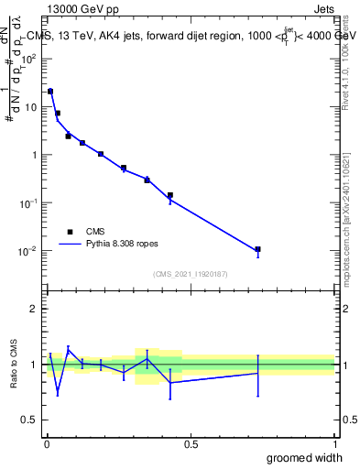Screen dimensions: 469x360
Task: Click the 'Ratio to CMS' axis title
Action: coord(14,364)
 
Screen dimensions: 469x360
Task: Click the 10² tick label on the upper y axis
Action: coord(30,59)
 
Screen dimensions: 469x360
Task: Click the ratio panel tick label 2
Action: coord(35,309)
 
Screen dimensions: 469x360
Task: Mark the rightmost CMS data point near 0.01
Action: coord(258,249)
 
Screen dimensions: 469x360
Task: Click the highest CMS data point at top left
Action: coord(50,92)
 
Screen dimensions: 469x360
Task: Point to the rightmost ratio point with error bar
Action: coord(258,373)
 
